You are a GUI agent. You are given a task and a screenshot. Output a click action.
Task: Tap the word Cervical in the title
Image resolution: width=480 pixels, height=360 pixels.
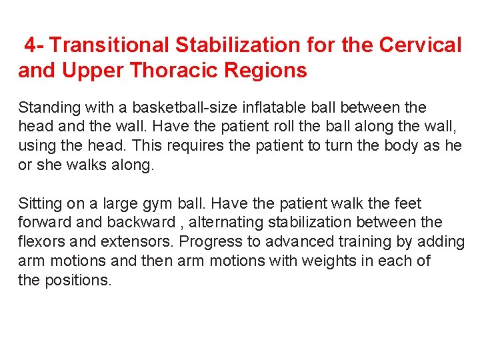(420, 45)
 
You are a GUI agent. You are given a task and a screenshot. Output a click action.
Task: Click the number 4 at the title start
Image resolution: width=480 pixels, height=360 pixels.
(31, 45)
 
